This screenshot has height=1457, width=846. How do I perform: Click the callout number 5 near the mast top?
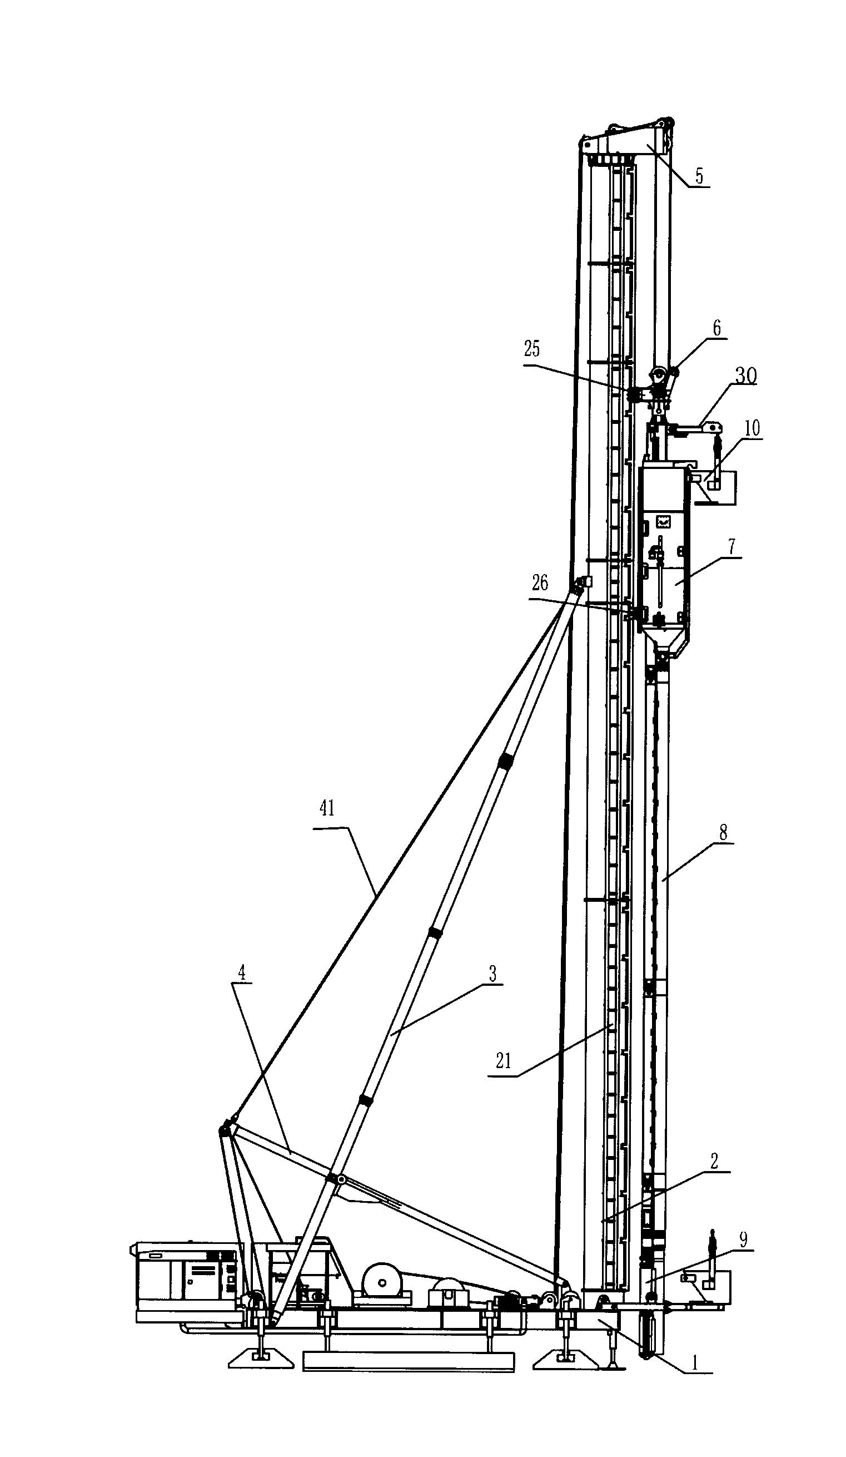click(699, 176)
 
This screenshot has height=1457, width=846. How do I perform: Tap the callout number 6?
click(716, 328)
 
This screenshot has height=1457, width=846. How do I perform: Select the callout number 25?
click(531, 349)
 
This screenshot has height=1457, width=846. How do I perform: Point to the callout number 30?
click(745, 376)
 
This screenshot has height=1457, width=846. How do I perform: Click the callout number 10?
click(753, 428)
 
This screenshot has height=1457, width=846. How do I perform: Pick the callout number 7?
click(731, 547)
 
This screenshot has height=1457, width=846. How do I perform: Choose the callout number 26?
click(540, 583)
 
